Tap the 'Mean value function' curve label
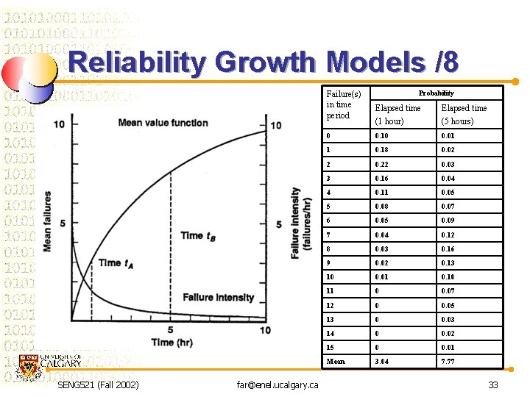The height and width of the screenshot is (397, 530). (163, 123)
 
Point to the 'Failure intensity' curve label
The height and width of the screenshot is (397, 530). (218, 297)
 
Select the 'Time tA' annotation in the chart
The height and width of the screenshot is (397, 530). (116, 262)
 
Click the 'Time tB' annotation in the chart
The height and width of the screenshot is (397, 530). (198, 235)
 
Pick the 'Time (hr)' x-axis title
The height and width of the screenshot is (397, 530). (172, 343)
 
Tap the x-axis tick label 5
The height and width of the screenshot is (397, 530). (171, 329)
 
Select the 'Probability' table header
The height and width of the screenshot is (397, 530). (437, 93)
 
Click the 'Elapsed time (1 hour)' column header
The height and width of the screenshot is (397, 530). (397, 114)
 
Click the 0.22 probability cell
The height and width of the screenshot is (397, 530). (381, 164)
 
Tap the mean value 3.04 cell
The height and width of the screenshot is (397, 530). (382, 361)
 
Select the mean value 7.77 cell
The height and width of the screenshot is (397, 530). (448, 361)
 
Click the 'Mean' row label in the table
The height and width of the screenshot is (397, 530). (336, 361)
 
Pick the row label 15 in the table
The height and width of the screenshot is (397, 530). (331, 347)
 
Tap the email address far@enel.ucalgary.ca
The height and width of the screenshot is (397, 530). (278, 385)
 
